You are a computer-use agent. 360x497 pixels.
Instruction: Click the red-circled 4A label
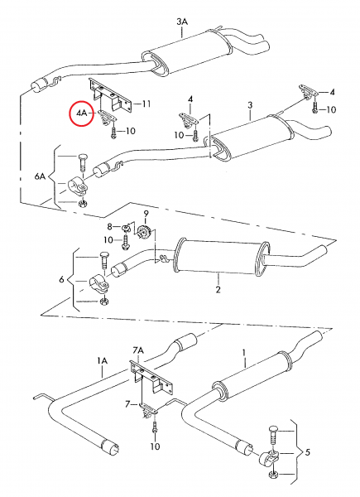(x=81, y=113)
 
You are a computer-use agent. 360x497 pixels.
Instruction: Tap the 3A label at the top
(x=182, y=22)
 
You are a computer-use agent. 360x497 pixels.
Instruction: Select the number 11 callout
(x=146, y=104)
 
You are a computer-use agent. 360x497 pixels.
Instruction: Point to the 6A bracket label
(x=40, y=176)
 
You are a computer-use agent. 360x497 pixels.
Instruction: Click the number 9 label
(x=146, y=213)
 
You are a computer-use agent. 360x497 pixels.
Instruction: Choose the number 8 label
(x=109, y=226)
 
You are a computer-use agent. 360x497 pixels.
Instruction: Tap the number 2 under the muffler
(x=218, y=289)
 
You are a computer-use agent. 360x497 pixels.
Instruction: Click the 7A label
(x=138, y=350)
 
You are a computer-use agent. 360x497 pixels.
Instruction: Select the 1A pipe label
(x=103, y=360)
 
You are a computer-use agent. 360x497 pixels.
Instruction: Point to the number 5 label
(x=308, y=452)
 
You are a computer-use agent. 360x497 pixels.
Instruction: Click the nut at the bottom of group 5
(x=272, y=475)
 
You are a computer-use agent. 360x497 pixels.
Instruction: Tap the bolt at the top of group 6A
(x=82, y=162)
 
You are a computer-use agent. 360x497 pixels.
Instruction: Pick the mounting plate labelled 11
(x=111, y=95)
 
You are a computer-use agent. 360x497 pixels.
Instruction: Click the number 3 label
(x=250, y=104)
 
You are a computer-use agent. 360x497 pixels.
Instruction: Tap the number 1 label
(x=244, y=353)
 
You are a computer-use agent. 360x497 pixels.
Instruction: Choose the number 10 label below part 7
(x=155, y=446)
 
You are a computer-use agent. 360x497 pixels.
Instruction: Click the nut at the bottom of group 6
(x=103, y=302)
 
